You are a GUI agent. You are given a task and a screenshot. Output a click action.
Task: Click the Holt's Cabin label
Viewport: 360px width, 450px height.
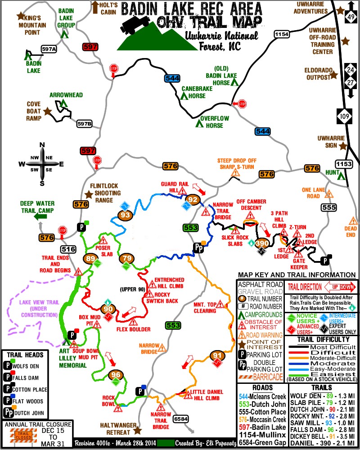109,8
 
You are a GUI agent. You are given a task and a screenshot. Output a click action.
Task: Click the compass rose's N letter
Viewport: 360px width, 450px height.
42,144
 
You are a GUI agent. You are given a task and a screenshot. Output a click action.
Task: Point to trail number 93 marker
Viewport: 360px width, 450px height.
126,216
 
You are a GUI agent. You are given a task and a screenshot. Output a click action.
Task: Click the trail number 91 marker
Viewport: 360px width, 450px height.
217,356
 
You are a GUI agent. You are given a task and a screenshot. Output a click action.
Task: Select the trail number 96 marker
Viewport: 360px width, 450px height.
116,375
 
